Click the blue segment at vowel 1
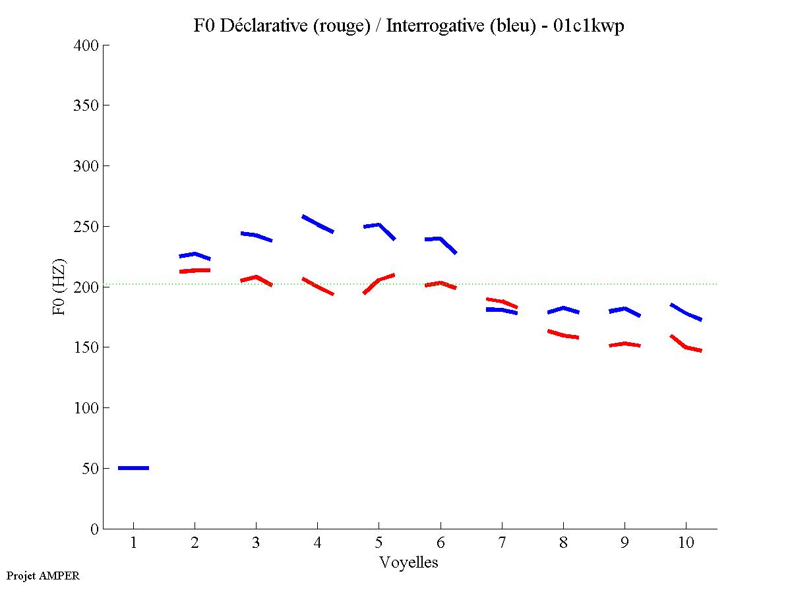point(133,467)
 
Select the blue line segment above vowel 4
point(317,224)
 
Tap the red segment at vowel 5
point(379,280)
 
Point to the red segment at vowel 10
point(686,346)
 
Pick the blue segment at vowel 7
point(502,310)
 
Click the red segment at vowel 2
point(195,270)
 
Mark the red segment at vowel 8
point(563,335)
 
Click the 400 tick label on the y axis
point(86,45)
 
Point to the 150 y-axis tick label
point(86,347)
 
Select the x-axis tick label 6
point(440,544)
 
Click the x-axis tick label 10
point(686,544)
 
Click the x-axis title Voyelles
point(409,562)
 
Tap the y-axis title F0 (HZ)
point(59,287)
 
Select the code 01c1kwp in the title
point(590,26)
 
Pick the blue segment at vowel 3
point(256,235)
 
